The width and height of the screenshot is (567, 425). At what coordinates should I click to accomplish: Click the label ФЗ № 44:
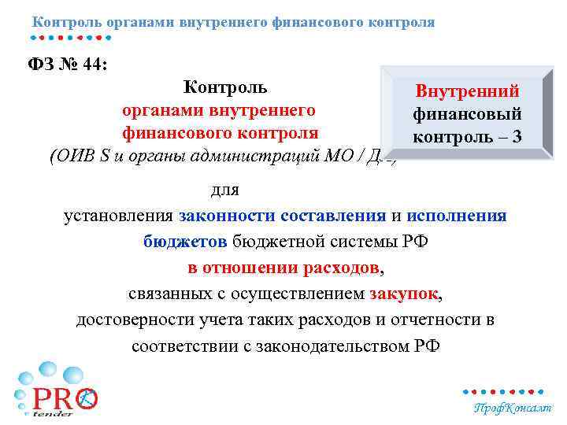(69, 63)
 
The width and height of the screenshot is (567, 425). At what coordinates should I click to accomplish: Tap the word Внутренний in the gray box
(467, 92)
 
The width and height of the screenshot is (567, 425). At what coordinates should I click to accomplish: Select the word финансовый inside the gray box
(467, 114)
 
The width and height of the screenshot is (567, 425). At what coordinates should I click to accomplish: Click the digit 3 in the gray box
(516, 136)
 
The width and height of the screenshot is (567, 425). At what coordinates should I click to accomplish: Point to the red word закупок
(403, 294)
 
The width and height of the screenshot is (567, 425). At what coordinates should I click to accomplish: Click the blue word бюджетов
(186, 241)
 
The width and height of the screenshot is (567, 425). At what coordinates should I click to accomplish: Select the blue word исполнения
(457, 216)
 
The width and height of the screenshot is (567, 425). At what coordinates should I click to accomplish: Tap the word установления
(119, 216)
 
